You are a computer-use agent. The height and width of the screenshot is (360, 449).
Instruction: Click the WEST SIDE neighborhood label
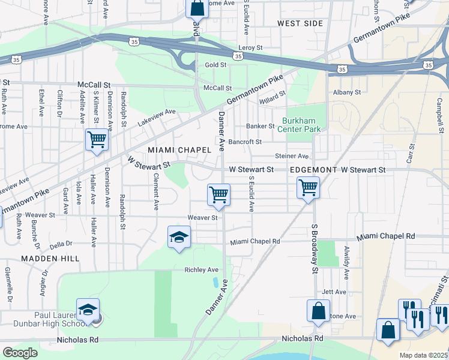pos(300,23)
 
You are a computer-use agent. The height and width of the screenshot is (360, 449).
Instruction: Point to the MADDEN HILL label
pos(50,258)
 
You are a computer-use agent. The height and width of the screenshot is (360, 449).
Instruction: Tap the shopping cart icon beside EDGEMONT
pos(308,188)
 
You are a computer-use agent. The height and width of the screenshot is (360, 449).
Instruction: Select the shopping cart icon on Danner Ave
pos(218,195)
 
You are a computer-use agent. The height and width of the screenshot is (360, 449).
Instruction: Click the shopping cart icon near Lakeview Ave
pos(97,140)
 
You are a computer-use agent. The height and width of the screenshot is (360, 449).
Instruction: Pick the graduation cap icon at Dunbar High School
pos(88,311)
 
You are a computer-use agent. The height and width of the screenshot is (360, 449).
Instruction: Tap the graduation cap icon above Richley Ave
pos(179,238)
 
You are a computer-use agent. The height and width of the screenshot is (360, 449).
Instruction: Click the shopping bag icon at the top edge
pos(197,8)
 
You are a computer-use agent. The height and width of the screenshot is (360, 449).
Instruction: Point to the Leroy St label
pos(250,47)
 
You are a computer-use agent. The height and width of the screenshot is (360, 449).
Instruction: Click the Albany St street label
pos(347,92)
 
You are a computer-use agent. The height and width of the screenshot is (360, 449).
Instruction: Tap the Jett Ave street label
pos(334,292)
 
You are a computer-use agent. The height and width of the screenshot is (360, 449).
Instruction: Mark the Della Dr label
pos(61,244)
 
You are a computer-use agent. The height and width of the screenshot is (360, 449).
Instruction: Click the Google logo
pos(20,353)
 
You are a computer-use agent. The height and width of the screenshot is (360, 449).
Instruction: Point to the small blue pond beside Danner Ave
pos(215,282)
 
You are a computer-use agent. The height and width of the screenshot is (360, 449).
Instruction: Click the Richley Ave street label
pos(202,270)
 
